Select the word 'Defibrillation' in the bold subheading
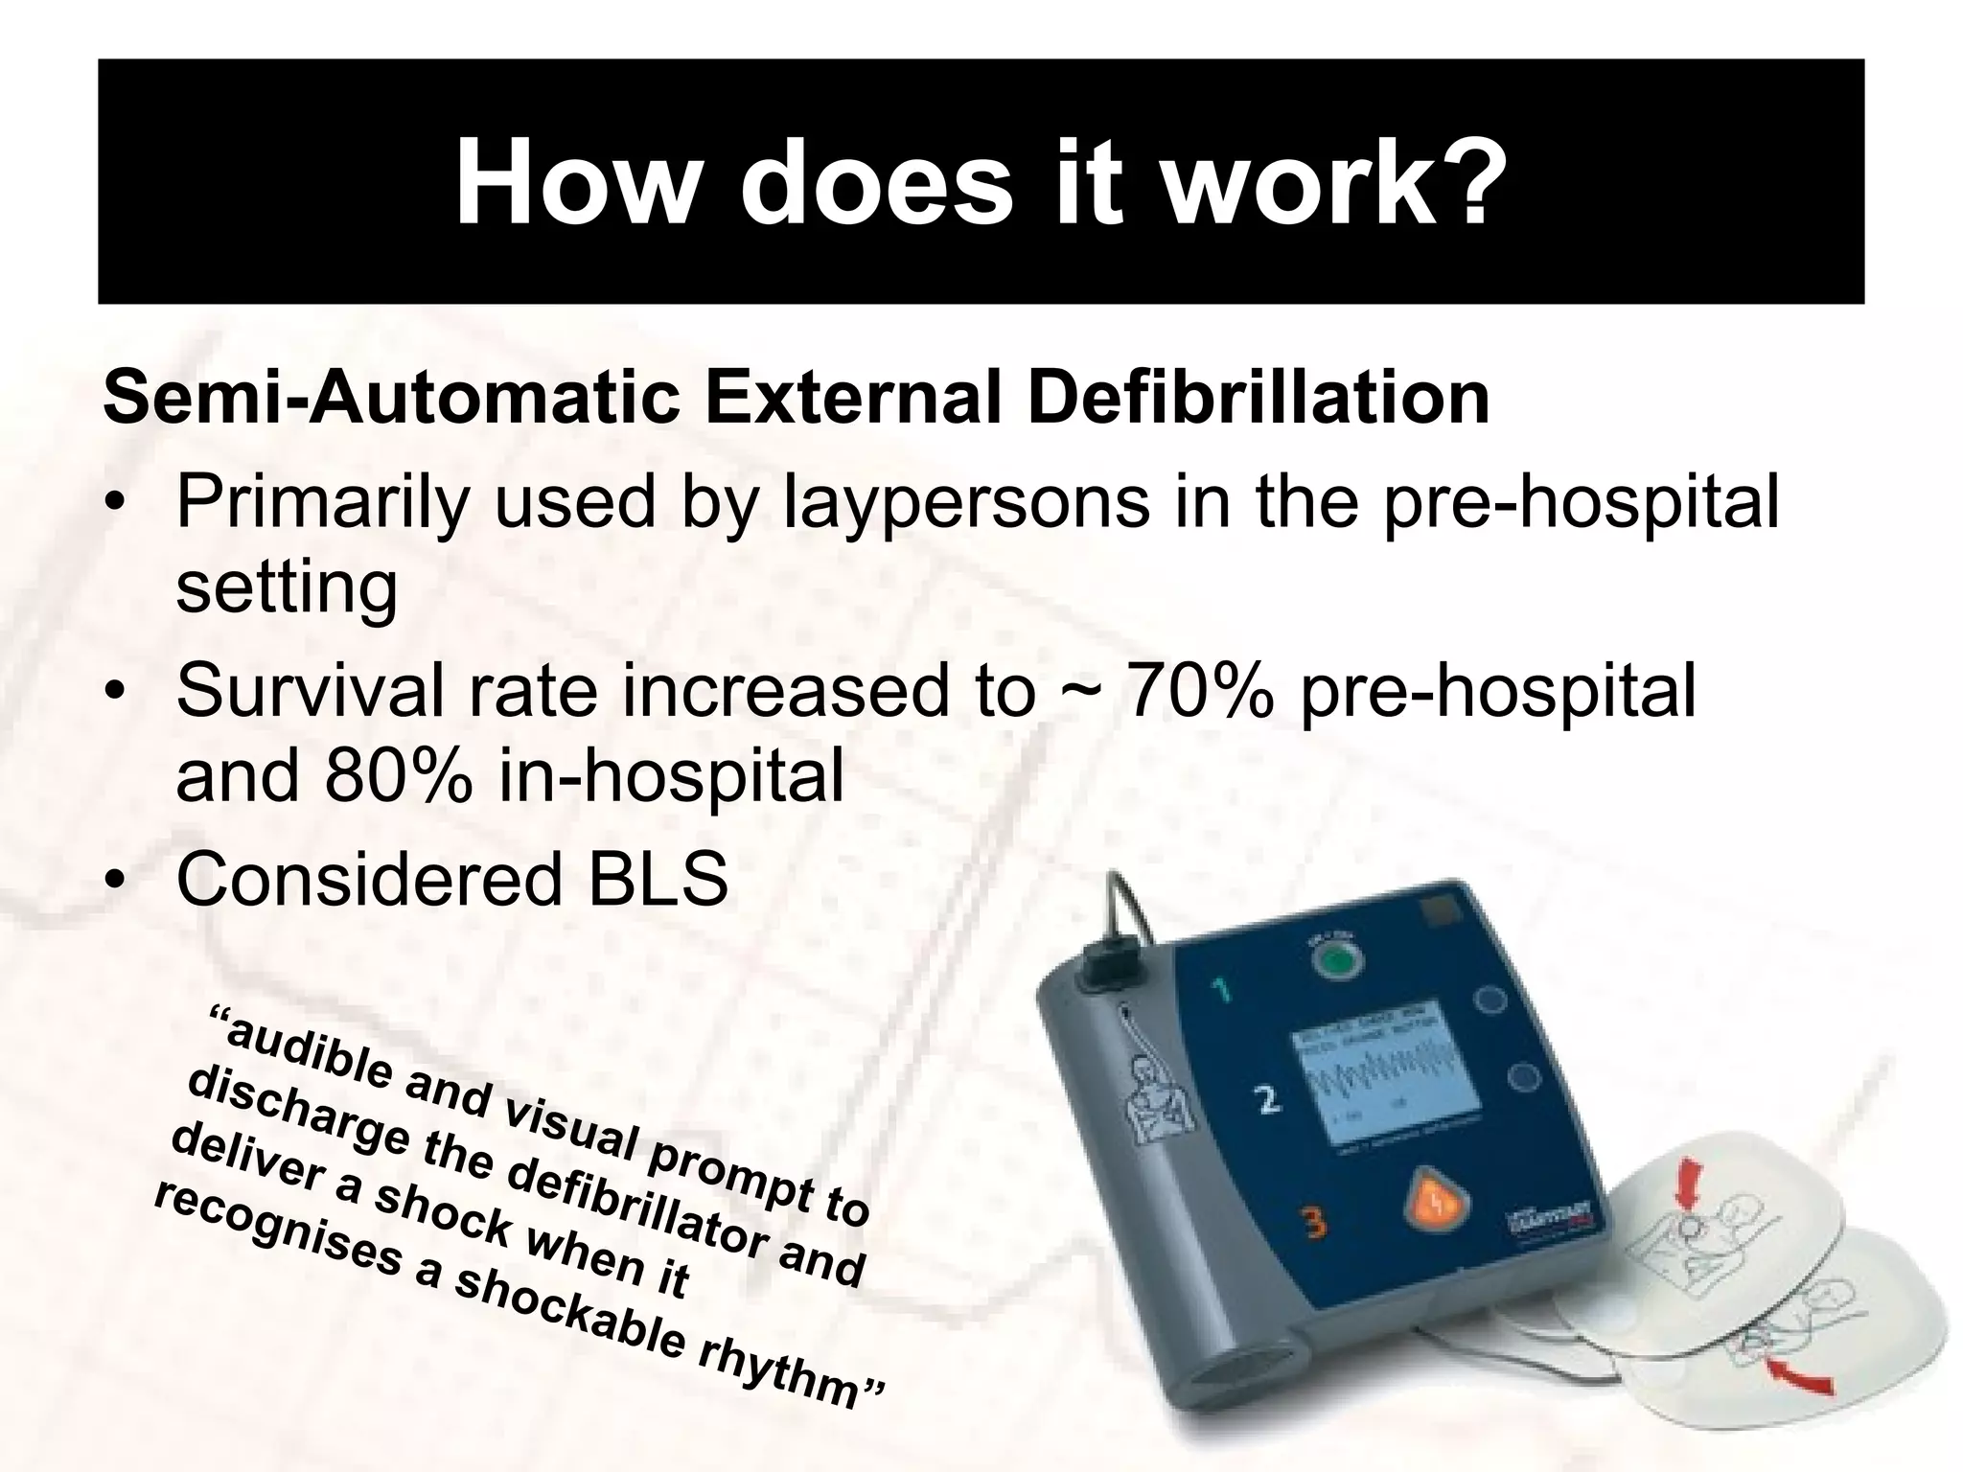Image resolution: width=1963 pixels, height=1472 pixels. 1258,397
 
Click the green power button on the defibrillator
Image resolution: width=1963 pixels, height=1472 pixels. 1335,961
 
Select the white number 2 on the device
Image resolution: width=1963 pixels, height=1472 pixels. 1268,1100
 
